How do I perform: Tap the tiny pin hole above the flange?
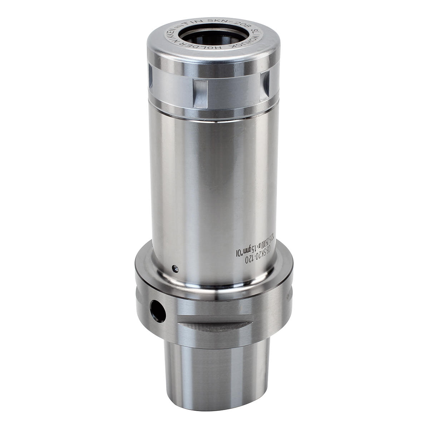pos(174,268)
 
